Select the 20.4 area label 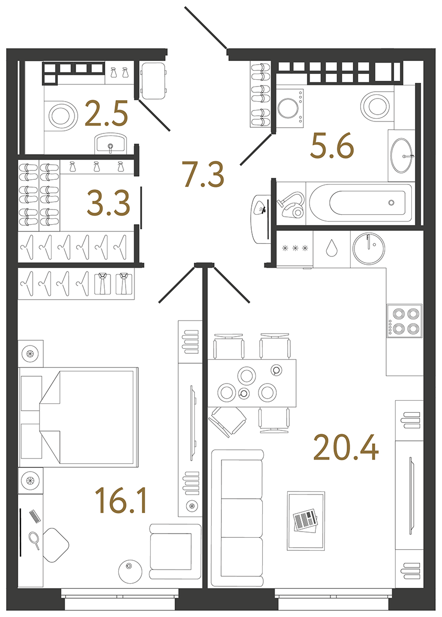[346, 448]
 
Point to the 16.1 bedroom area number [121, 501]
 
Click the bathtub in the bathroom [360, 203]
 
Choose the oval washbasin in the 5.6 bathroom [401, 155]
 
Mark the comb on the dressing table [34, 516]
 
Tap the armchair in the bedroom [174, 551]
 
